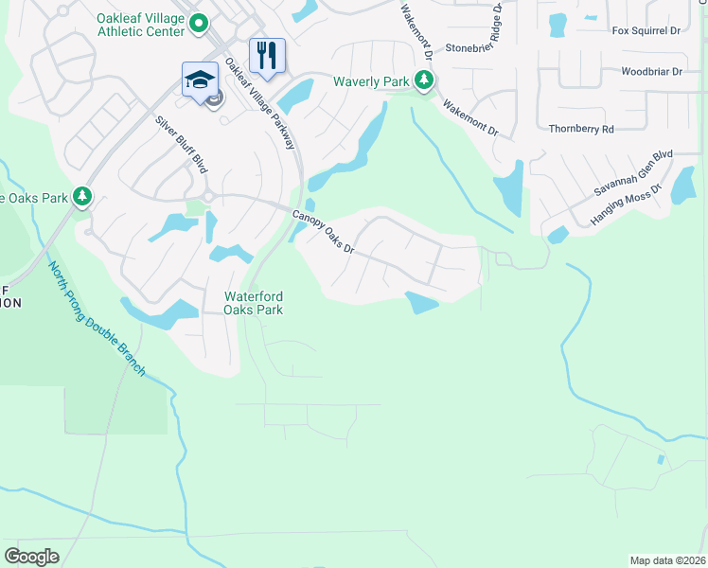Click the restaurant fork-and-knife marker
click(x=267, y=55)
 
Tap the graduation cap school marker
click(x=200, y=79)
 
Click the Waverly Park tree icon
click(x=423, y=82)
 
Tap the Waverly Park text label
click(x=371, y=81)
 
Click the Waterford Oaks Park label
click(x=253, y=302)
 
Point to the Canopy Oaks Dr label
click(x=323, y=231)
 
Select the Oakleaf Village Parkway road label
click(x=261, y=105)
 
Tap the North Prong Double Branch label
click(x=97, y=319)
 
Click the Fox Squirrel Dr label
click(x=646, y=30)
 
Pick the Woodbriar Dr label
click(x=651, y=71)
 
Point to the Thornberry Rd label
click(x=581, y=129)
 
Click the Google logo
click(x=32, y=556)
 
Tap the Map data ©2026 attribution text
click(x=667, y=560)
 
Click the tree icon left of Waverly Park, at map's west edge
click(x=84, y=197)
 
